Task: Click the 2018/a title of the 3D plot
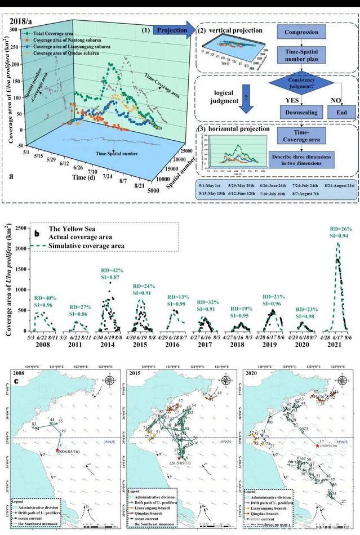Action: pyautogui.click(x=21, y=24)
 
